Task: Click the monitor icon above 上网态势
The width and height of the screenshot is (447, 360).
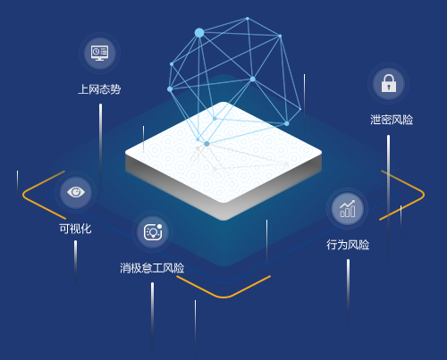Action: pyautogui.click(x=100, y=53)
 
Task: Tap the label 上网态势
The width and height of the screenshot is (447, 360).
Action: pyautogui.click(x=99, y=89)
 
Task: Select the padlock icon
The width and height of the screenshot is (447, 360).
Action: pyautogui.click(x=389, y=83)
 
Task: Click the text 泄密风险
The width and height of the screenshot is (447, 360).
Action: pyautogui.click(x=392, y=120)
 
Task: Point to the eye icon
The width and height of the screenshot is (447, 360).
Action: pyautogui.click(x=76, y=192)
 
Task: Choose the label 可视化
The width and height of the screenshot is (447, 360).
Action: pyautogui.click(x=75, y=229)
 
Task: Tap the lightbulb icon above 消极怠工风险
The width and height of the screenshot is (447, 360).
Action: pyautogui.click(x=153, y=232)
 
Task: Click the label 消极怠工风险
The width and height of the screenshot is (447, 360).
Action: pyautogui.click(x=152, y=268)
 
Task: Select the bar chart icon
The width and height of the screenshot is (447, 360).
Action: pyautogui.click(x=348, y=208)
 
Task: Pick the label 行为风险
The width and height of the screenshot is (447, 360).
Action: pyautogui.click(x=348, y=245)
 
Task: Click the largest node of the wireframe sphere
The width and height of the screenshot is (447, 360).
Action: pyautogui.click(x=199, y=33)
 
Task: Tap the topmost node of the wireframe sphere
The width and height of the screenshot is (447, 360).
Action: pyautogui.click(x=248, y=19)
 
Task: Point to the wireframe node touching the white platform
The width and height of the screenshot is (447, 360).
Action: pyautogui.click(x=207, y=144)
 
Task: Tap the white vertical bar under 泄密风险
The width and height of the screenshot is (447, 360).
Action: pyautogui.click(x=388, y=198)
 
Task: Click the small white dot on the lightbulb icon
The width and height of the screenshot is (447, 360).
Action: pyautogui.click(x=159, y=227)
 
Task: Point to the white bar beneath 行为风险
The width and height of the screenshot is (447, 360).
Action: pyautogui.click(x=348, y=293)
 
